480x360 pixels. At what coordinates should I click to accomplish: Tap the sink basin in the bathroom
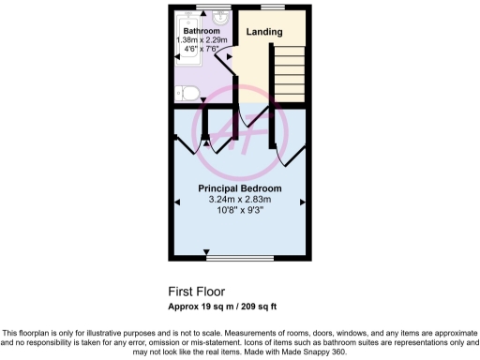[220, 18]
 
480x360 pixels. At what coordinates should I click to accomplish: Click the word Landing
[264, 33]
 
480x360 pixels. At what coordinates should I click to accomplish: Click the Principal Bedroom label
[240, 188]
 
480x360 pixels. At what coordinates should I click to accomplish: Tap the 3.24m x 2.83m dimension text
[240, 199]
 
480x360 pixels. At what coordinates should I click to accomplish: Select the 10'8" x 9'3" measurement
[240, 210]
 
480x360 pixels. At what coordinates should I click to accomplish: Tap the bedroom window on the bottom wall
[240, 257]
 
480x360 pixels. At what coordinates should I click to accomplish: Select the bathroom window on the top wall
[199, 7]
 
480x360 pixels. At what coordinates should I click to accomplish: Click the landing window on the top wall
[273, 7]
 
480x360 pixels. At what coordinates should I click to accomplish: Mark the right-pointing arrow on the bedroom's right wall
[302, 202]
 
